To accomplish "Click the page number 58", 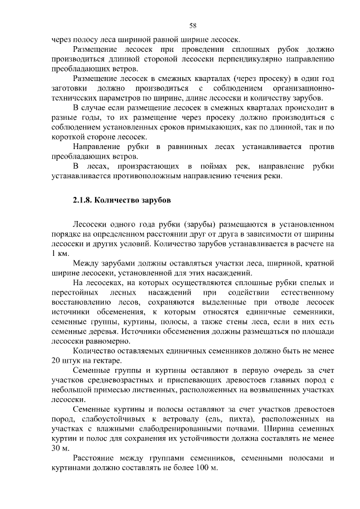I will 192,26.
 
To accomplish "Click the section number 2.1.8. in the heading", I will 85,200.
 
